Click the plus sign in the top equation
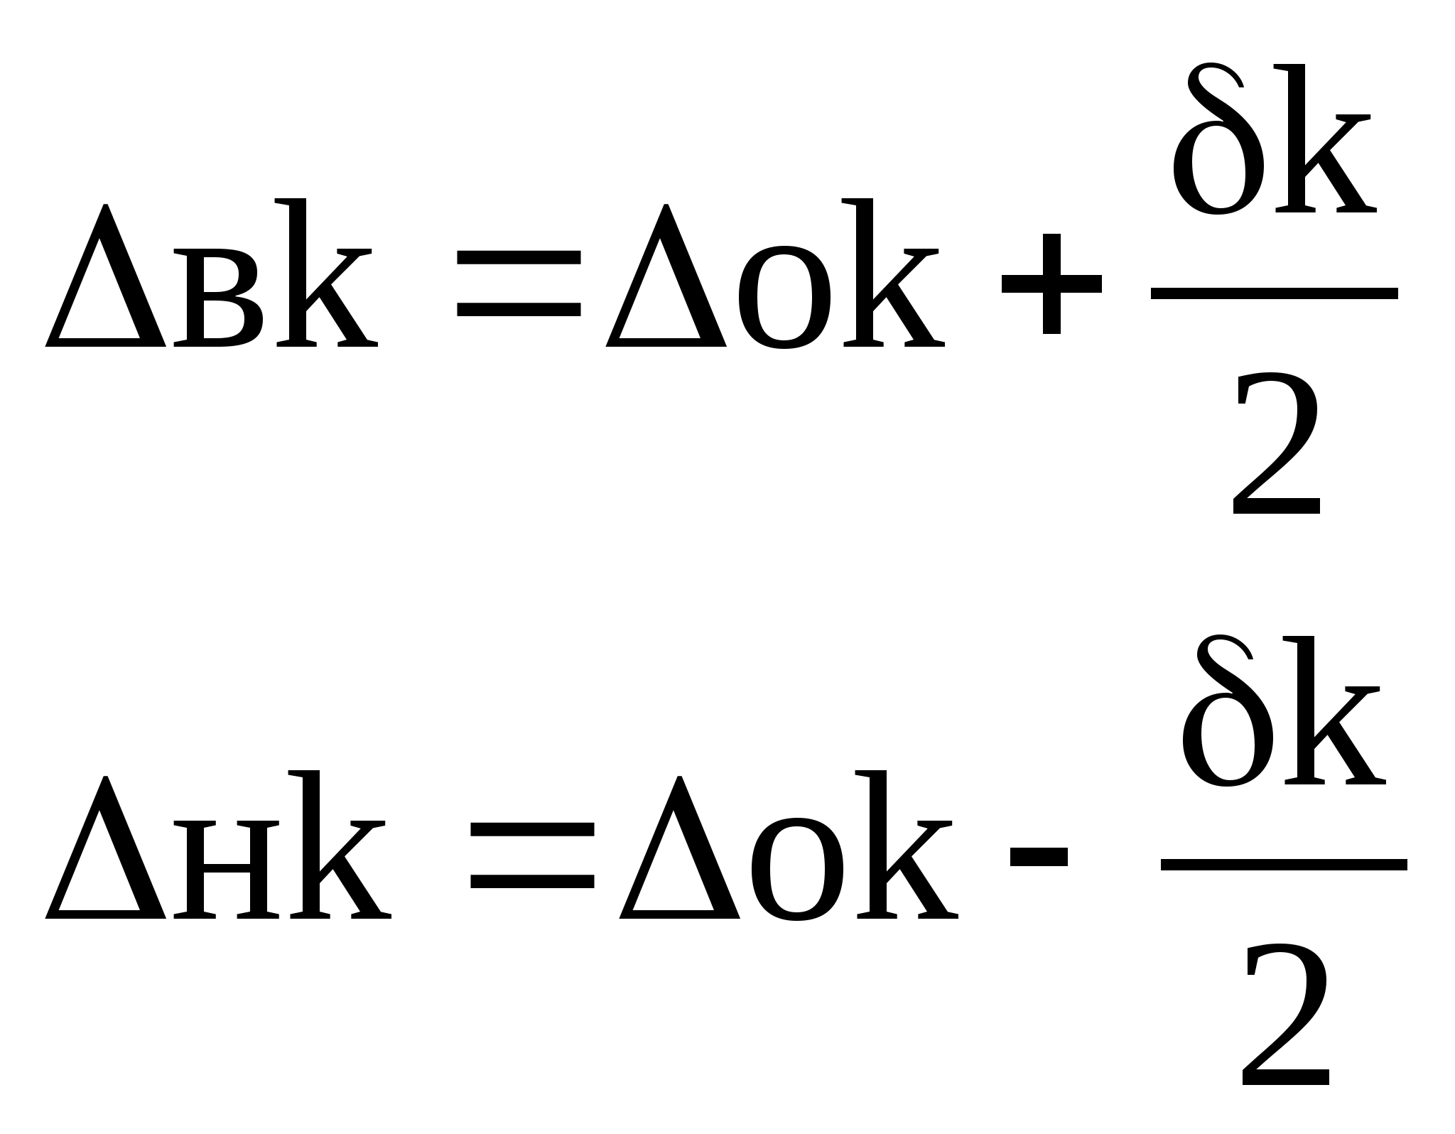point(1051,284)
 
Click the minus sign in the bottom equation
point(1039,858)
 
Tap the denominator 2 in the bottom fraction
point(1286,1017)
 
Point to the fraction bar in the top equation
point(1275,293)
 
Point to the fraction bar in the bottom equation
point(1284,865)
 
